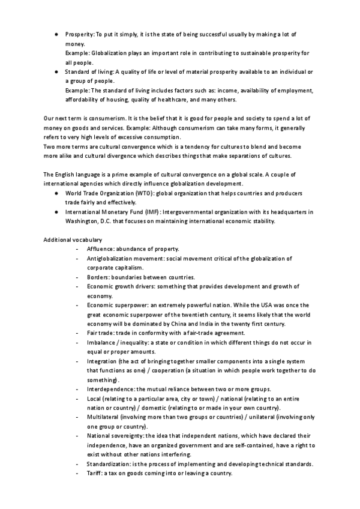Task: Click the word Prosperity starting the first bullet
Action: pos(79,35)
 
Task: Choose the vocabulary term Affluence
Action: pos(100,249)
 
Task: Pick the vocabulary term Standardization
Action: pos(109,464)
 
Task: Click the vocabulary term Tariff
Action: pos(94,473)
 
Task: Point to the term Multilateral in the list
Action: pos(103,417)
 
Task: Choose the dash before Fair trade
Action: pos(77,333)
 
